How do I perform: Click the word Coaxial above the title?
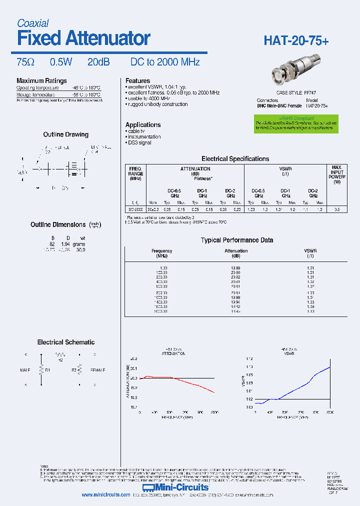(x=32, y=23)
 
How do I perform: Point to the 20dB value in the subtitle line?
(x=98, y=62)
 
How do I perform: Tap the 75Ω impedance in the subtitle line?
(x=25, y=62)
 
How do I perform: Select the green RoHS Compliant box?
(x=295, y=123)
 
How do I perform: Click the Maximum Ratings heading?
(x=41, y=81)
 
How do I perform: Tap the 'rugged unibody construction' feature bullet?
(x=156, y=104)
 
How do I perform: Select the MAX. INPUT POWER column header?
(x=337, y=173)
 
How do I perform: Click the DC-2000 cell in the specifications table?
(x=135, y=209)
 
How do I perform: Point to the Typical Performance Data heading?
(x=236, y=240)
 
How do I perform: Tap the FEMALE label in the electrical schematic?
(x=97, y=370)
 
